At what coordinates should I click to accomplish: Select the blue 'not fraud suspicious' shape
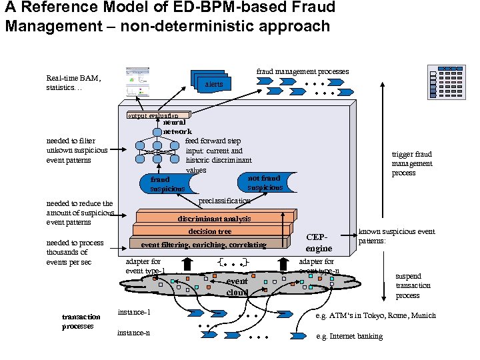[264, 183]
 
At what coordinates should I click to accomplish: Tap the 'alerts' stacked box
[214, 84]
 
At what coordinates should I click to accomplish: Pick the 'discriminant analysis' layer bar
[214, 219]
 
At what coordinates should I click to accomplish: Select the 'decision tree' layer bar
[209, 231]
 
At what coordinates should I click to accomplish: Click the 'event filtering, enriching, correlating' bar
[203, 245]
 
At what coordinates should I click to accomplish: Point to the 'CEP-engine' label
[319, 242]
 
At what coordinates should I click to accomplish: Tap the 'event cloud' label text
[237, 287]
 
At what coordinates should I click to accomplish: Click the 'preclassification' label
[225, 201]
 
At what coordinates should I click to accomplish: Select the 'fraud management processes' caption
[303, 71]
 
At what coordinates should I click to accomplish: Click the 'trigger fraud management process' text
[412, 163]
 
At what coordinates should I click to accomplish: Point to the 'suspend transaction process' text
[413, 285]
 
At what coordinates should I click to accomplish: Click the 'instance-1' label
[134, 312]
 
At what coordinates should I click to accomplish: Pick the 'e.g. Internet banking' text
[349, 336]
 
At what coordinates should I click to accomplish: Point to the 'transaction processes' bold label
[81, 321]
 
